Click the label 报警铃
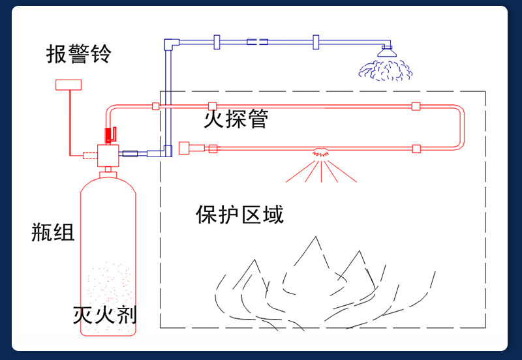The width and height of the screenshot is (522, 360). click(x=78, y=54)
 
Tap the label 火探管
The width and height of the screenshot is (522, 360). click(x=236, y=119)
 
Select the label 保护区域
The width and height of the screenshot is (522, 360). click(x=239, y=214)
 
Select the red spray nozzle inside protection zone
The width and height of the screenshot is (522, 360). click(x=320, y=152)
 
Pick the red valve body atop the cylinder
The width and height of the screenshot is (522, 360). click(x=107, y=156)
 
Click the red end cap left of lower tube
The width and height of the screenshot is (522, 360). click(x=183, y=148)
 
